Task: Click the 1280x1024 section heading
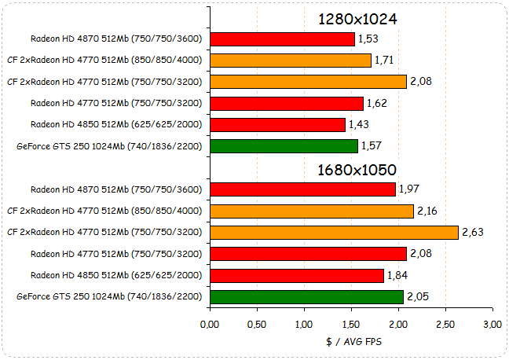click(357, 18)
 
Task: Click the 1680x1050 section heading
click(357, 170)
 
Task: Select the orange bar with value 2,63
click(334, 232)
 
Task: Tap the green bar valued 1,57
click(284, 145)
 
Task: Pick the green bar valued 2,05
click(307, 296)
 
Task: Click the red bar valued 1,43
click(278, 124)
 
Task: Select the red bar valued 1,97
click(303, 189)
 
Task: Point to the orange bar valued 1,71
click(291, 60)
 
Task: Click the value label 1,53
click(368, 39)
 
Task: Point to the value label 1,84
click(397, 275)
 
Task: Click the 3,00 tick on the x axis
click(493, 325)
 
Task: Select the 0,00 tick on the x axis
click(211, 325)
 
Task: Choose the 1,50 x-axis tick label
click(351, 325)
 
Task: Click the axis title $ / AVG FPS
click(351, 342)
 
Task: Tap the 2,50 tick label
click(445, 325)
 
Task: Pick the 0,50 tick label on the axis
click(258, 325)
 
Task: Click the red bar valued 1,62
click(287, 103)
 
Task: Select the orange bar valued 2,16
click(312, 211)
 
